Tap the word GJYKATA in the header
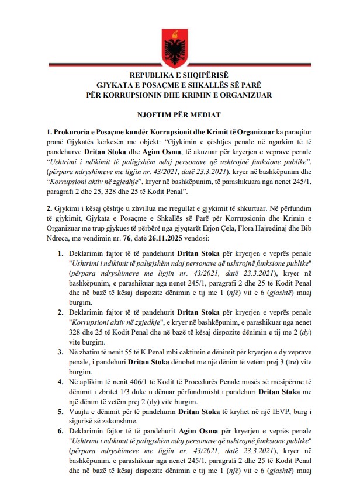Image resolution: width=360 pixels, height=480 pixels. (119, 85)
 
